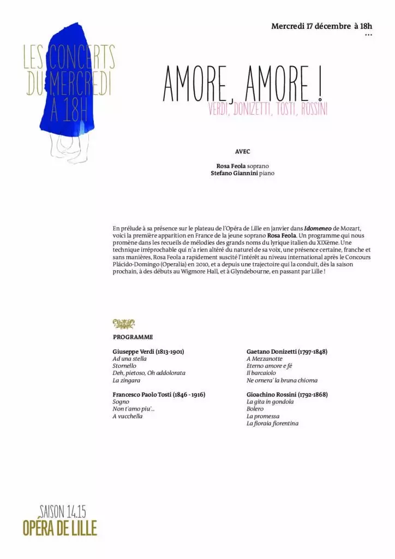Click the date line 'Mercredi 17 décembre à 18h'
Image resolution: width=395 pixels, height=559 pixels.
point(321,26)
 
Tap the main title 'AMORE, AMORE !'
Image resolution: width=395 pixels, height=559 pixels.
point(242,86)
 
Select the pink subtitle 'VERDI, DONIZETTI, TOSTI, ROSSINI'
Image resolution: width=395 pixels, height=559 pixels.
point(267,109)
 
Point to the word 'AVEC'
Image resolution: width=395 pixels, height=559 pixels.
point(242,151)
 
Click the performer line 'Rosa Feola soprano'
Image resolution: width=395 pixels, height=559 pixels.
point(242,165)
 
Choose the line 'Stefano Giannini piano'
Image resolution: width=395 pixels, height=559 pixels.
point(242,173)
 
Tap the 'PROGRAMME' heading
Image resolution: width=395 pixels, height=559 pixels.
point(133,337)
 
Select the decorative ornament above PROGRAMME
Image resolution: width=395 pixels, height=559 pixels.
point(123,323)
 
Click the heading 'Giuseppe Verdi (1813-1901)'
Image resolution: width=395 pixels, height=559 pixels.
point(148,352)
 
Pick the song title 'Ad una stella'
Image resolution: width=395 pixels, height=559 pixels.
point(129,359)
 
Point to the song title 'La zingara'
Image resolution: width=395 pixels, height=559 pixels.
point(127,380)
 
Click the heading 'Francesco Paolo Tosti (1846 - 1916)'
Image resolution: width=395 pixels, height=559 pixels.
point(159,394)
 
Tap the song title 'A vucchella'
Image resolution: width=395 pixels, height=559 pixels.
point(128,416)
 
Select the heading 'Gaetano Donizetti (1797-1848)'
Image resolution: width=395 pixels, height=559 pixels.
point(286,352)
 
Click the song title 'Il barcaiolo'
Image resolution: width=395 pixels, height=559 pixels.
point(261,373)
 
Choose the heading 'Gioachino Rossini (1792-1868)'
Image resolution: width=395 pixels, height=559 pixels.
point(287,394)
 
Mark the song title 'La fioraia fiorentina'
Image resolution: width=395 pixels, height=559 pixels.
point(272,423)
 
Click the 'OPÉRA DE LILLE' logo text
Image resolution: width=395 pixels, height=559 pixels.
point(59,528)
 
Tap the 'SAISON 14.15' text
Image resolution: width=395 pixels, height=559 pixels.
point(63,512)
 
